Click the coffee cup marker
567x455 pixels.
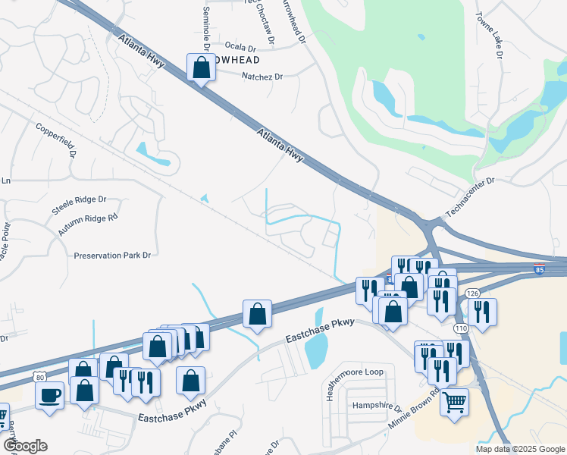(49, 395)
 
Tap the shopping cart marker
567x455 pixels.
(454, 401)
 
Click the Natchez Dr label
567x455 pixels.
(262, 77)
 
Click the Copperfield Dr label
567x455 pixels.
(57, 138)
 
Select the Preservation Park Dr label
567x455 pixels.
(113, 256)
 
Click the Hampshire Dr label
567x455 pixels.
(376, 406)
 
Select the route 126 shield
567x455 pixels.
(472, 293)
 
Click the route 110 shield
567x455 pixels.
(461, 328)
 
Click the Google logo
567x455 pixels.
(24, 446)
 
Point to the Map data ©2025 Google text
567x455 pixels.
(519, 449)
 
